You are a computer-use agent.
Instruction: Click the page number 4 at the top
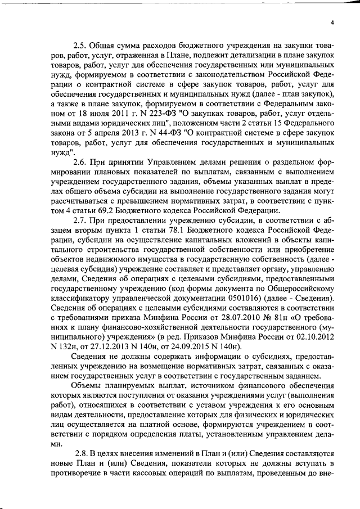pyautogui.click(x=332, y=22)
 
